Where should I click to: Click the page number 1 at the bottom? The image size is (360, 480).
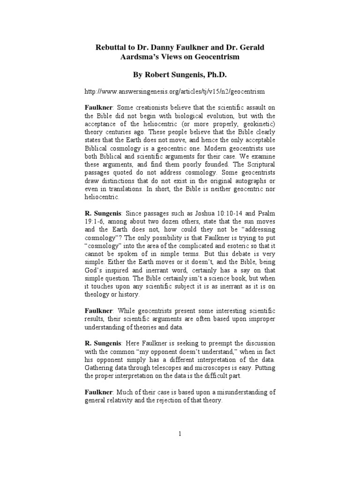coord(180,434)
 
